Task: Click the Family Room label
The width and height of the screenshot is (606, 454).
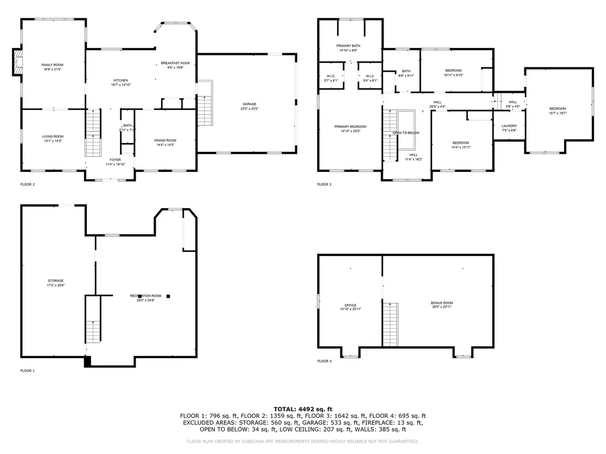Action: point(52,64)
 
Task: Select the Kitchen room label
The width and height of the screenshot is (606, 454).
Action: point(121,80)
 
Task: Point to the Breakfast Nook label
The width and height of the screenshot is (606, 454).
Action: point(175,63)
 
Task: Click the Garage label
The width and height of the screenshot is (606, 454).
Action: point(249,105)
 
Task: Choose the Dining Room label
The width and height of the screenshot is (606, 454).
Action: point(165,140)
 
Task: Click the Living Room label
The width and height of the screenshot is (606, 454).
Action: point(53,137)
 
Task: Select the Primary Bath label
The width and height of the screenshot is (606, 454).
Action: point(348,46)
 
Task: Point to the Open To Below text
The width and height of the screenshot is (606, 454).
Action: point(406,133)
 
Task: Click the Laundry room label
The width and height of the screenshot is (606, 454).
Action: point(509,126)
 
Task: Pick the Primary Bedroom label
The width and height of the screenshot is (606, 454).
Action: point(350,127)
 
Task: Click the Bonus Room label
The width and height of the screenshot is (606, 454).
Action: point(441,303)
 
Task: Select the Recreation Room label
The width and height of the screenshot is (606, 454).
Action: point(146,296)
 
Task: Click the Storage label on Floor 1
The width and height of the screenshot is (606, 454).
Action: point(56,281)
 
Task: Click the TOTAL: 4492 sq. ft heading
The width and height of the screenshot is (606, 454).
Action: point(302,409)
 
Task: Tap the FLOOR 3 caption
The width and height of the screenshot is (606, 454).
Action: point(324,184)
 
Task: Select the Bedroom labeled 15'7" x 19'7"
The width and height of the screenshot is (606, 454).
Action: point(557,109)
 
